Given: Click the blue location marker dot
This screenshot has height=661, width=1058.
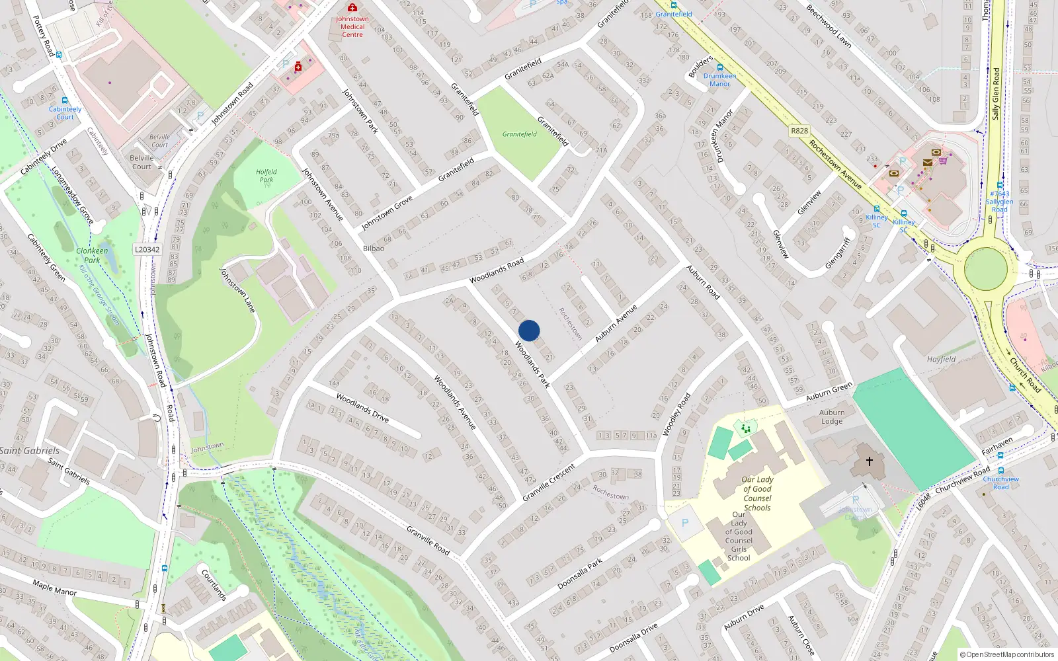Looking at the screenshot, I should pyautogui.click(x=529, y=330).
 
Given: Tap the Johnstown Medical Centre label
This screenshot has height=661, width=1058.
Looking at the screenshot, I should pyautogui.click(x=352, y=26).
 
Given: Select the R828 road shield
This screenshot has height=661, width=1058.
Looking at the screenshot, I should pyautogui.click(x=799, y=131).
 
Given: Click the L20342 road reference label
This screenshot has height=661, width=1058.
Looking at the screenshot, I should pyautogui.click(x=147, y=249).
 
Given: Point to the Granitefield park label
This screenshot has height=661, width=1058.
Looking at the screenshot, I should pyautogui.click(x=519, y=134).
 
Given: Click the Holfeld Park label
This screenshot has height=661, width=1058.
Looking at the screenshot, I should pyautogui.click(x=266, y=175).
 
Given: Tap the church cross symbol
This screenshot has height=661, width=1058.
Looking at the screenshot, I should pyautogui.click(x=869, y=461).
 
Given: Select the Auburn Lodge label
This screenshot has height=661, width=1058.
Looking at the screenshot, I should pyautogui.click(x=832, y=416).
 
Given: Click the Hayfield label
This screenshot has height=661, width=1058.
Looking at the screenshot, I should pyautogui.click(x=941, y=360).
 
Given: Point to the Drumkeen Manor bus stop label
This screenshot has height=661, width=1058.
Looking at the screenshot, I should pyautogui.click(x=719, y=80).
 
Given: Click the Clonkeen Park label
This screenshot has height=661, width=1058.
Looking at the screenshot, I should pyautogui.click(x=92, y=255).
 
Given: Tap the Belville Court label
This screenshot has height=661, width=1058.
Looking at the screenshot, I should pyautogui.click(x=142, y=162).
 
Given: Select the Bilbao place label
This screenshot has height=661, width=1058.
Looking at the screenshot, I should pyautogui.click(x=373, y=249).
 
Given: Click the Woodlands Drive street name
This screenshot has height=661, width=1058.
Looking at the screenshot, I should pyautogui.click(x=362, y=407).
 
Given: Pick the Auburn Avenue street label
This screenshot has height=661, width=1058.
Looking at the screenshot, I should pyautogui.click(x=616, y=323).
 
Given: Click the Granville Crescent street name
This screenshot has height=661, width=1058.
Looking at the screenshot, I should pyautogui.click(x=549, y=482).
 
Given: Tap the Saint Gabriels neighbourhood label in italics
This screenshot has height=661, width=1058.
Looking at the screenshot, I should pyautogui.click(x=30, y=451).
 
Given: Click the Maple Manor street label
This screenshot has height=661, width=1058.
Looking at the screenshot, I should pyautogui.click(x=54, y=588).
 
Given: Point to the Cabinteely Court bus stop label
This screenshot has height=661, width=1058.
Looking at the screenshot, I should pyautogui.click(x=65, y=113).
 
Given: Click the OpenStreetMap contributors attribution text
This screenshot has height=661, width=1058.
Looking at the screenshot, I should pyautogui.click(x=1007, y=655).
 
